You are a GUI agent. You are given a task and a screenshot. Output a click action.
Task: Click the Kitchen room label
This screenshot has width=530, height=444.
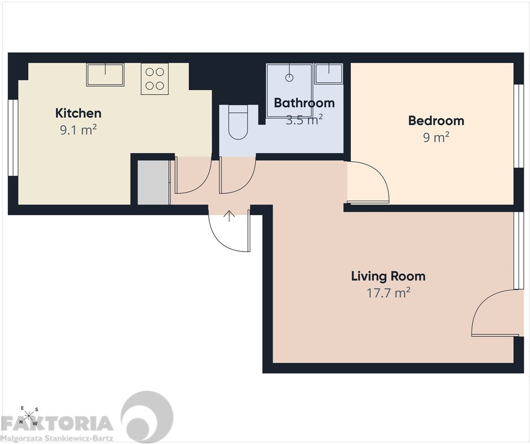coord(78,113)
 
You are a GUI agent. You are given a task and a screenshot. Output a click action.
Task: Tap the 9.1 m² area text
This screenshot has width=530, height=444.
coord(79,130)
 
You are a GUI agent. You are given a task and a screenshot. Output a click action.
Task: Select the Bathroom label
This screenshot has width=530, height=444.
coord(304,103)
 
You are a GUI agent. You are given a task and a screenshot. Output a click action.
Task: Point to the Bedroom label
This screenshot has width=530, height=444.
coord(436,121)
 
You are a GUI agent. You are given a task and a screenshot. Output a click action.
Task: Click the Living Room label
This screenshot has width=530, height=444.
coord(388,276)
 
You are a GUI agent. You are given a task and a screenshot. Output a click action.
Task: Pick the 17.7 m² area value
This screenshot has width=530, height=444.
coord(389,293)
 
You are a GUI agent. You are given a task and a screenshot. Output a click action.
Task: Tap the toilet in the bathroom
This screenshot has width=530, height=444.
coord(238,123)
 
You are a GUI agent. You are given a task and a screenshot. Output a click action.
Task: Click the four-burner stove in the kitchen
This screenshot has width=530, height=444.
coord(155,79)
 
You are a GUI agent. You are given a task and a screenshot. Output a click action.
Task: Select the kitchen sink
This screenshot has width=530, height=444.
coord(105,75)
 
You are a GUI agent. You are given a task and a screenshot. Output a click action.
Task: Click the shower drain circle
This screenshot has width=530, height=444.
coord(289,78)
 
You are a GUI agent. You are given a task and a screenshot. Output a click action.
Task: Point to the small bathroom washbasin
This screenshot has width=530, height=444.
coord(328,74)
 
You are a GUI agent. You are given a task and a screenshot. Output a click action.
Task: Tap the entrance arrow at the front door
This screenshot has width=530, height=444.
coord(229,216)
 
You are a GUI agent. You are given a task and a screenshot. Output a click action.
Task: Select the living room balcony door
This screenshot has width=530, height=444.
coord(494,312)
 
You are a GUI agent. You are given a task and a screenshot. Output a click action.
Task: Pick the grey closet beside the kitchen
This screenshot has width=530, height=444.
coord(153,183)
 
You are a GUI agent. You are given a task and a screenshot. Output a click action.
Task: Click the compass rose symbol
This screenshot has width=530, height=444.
coord(29,416)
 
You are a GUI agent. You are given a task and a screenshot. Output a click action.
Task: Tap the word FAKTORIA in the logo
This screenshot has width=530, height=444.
coord(57,423)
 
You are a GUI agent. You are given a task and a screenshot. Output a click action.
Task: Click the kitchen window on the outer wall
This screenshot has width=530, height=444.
coord(13,138)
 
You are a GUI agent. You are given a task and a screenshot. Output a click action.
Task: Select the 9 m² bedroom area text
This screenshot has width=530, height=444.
coord(436,138)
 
